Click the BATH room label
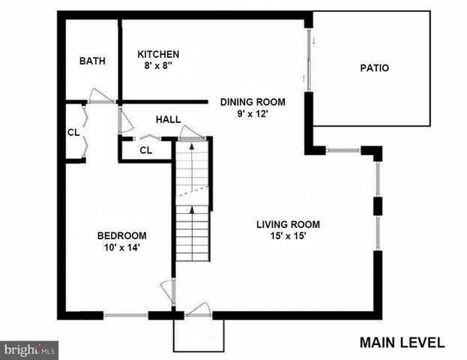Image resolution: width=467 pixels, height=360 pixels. point(92,61)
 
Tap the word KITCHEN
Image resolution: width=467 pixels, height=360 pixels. point(157,54)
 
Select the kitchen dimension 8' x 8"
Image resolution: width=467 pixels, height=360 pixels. point(157,66)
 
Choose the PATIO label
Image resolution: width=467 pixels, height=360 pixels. point(375,68)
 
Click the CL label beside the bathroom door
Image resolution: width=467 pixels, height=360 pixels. point(73,132)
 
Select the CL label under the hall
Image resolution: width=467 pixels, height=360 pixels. point(145,150)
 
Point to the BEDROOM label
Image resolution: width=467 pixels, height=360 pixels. point(121,235)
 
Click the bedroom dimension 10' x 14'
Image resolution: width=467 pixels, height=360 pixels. point(121,247)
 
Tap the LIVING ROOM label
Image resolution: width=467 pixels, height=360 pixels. point(288,224)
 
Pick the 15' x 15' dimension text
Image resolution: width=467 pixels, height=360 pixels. point(288,236)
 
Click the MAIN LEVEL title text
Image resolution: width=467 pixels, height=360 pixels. point(402,343)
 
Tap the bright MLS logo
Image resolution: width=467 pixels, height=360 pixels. point(30,349)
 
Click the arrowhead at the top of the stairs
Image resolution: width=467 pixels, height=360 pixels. point(192,146)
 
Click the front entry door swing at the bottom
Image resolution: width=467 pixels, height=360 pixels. point(198,310)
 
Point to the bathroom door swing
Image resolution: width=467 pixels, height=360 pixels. point(99,96)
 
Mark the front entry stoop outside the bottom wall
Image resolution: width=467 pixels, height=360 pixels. point(199,334)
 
